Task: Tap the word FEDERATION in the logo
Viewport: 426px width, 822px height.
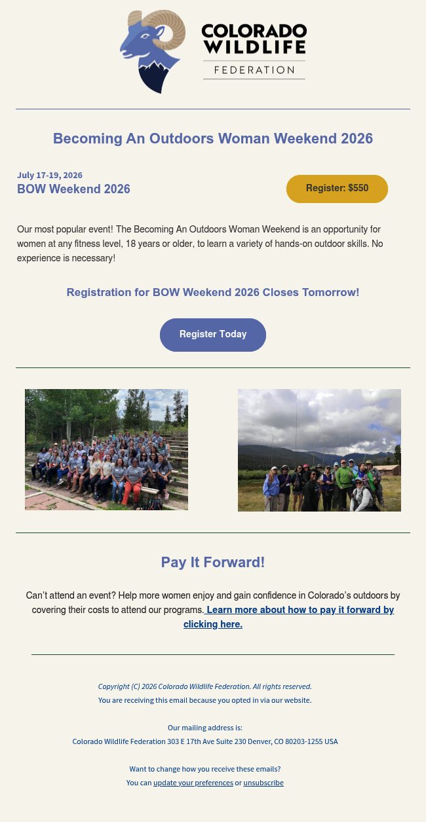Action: (254, 70)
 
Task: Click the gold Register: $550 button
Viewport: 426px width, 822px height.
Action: (337, 189)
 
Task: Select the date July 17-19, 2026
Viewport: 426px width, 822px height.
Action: (50, 176)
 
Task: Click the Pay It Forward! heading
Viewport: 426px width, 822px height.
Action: (213, 562)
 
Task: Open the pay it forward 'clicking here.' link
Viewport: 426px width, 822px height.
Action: (213, 624)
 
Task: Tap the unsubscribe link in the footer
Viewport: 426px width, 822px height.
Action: (263, 783)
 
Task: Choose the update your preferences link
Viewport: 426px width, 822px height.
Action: (193, 783)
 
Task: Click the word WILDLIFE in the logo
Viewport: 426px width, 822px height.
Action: (255, 47)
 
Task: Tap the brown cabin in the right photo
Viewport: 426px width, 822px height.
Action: (389, 470)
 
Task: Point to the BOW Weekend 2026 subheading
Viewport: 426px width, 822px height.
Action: (73, 189)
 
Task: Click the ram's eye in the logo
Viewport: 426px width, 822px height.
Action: (145, 36)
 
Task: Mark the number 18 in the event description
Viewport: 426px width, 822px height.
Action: (130, 244)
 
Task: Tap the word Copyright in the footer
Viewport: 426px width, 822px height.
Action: (114, 686)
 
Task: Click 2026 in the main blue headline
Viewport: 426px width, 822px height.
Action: (357, 139)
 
